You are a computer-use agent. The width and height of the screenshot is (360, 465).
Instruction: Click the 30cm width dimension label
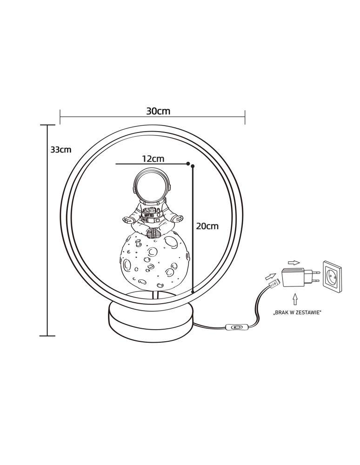158,111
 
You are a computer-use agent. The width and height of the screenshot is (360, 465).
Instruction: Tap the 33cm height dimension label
61,150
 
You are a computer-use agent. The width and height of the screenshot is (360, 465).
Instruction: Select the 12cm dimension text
153,159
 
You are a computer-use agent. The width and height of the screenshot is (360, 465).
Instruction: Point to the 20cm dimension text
207,226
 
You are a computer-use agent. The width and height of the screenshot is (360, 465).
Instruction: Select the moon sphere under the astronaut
156,260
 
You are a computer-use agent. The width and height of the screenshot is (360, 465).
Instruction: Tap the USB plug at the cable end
274,283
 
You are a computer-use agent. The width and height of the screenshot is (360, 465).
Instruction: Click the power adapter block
293,278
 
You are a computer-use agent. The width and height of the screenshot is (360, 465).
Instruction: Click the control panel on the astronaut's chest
150,212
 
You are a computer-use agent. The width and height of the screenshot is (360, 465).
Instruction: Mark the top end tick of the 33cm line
47,125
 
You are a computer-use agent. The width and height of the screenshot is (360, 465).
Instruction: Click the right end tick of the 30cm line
245,117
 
